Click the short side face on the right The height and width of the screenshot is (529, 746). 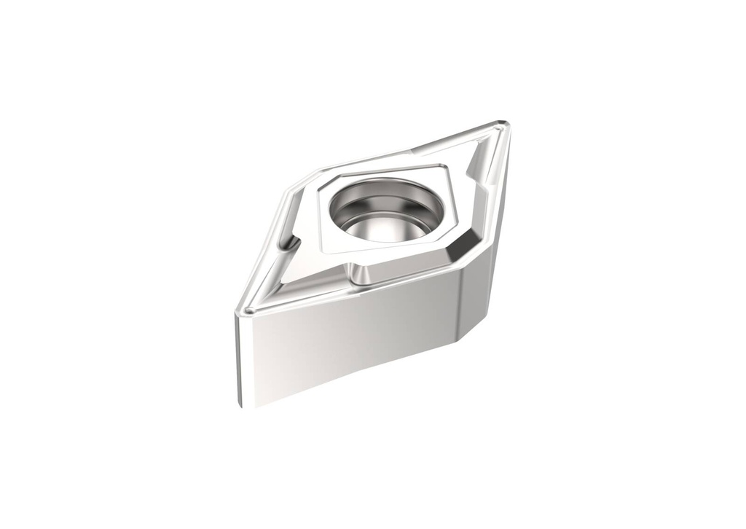click(481, 291)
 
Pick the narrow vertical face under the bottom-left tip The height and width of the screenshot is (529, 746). click(242, 357)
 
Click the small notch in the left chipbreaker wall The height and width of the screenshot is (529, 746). click(291, 241)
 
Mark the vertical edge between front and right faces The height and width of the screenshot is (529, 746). click(457, 306)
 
